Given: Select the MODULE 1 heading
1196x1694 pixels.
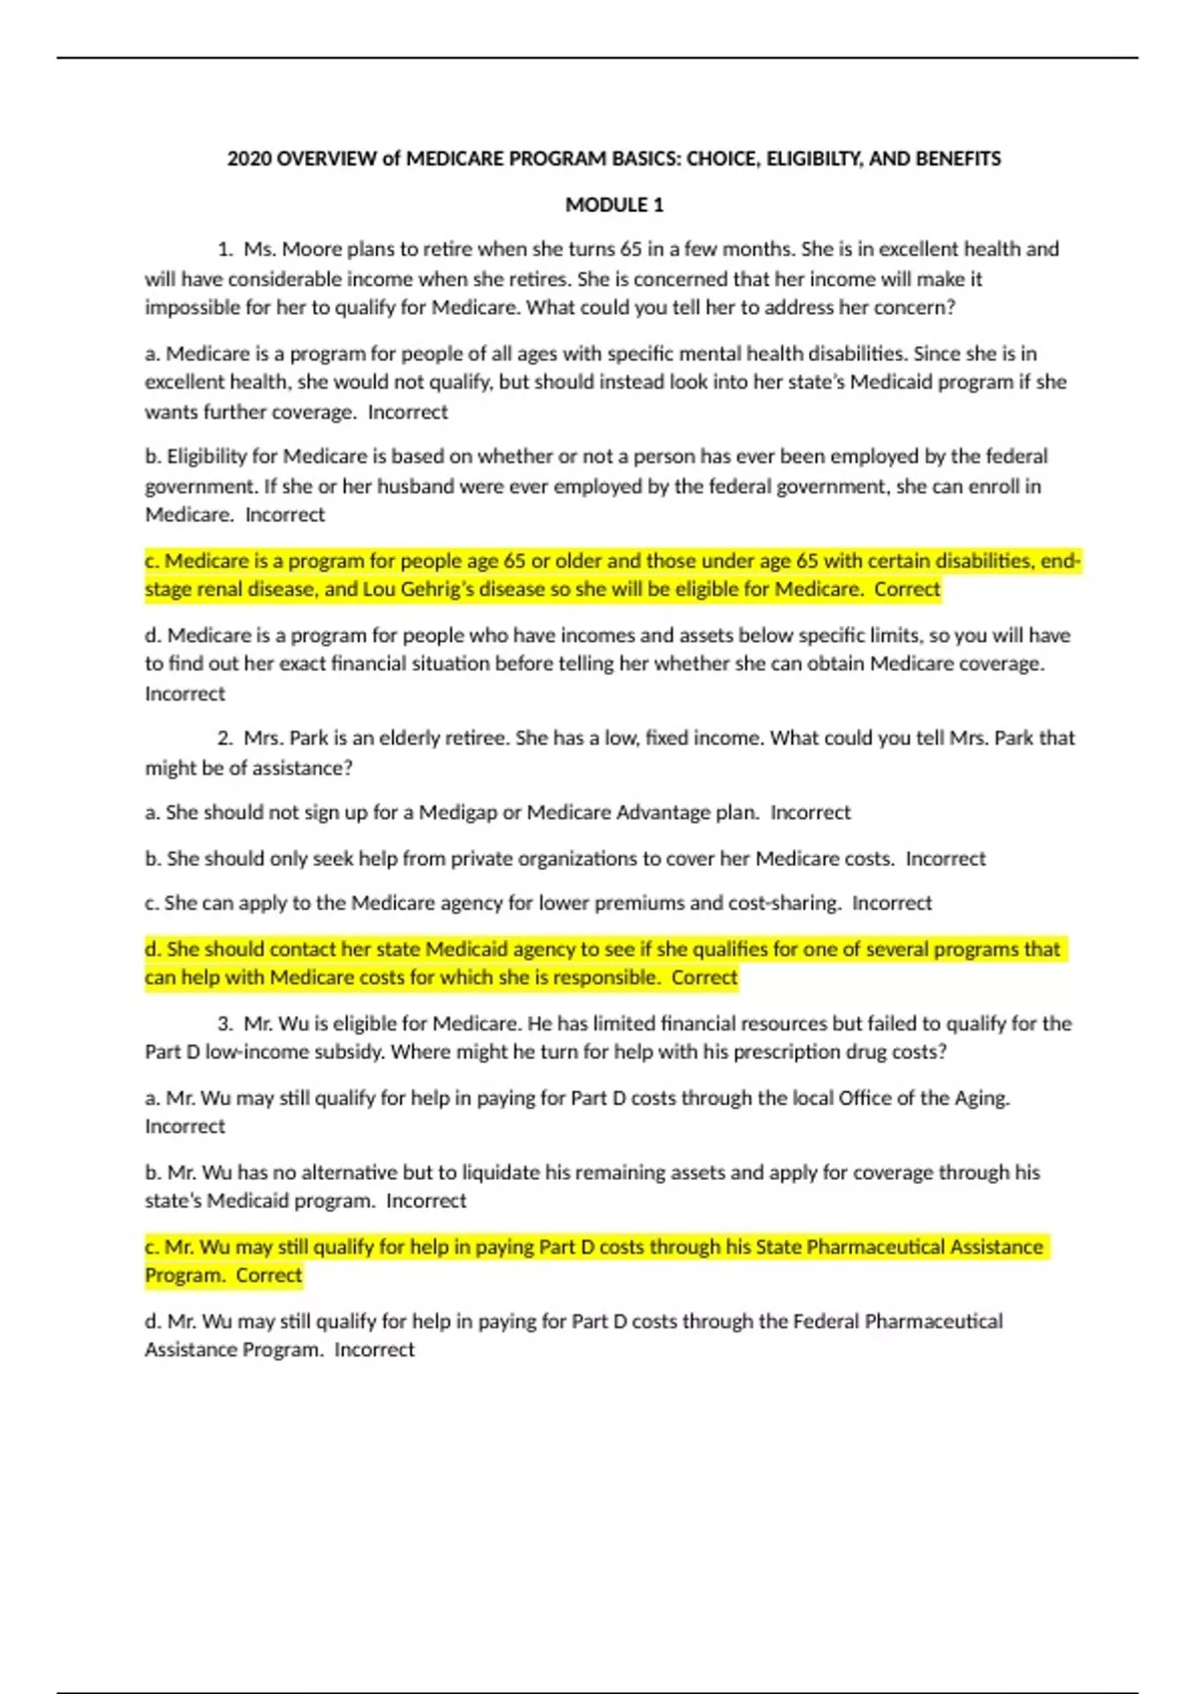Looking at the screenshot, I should coord(614,205).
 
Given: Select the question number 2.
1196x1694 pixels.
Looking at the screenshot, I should coord(225,738).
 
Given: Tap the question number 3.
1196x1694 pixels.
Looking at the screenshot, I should coord(225,1023).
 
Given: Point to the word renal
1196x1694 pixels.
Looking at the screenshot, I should coord(225,589).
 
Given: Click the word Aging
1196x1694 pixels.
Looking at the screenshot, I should coord(983,1098).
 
